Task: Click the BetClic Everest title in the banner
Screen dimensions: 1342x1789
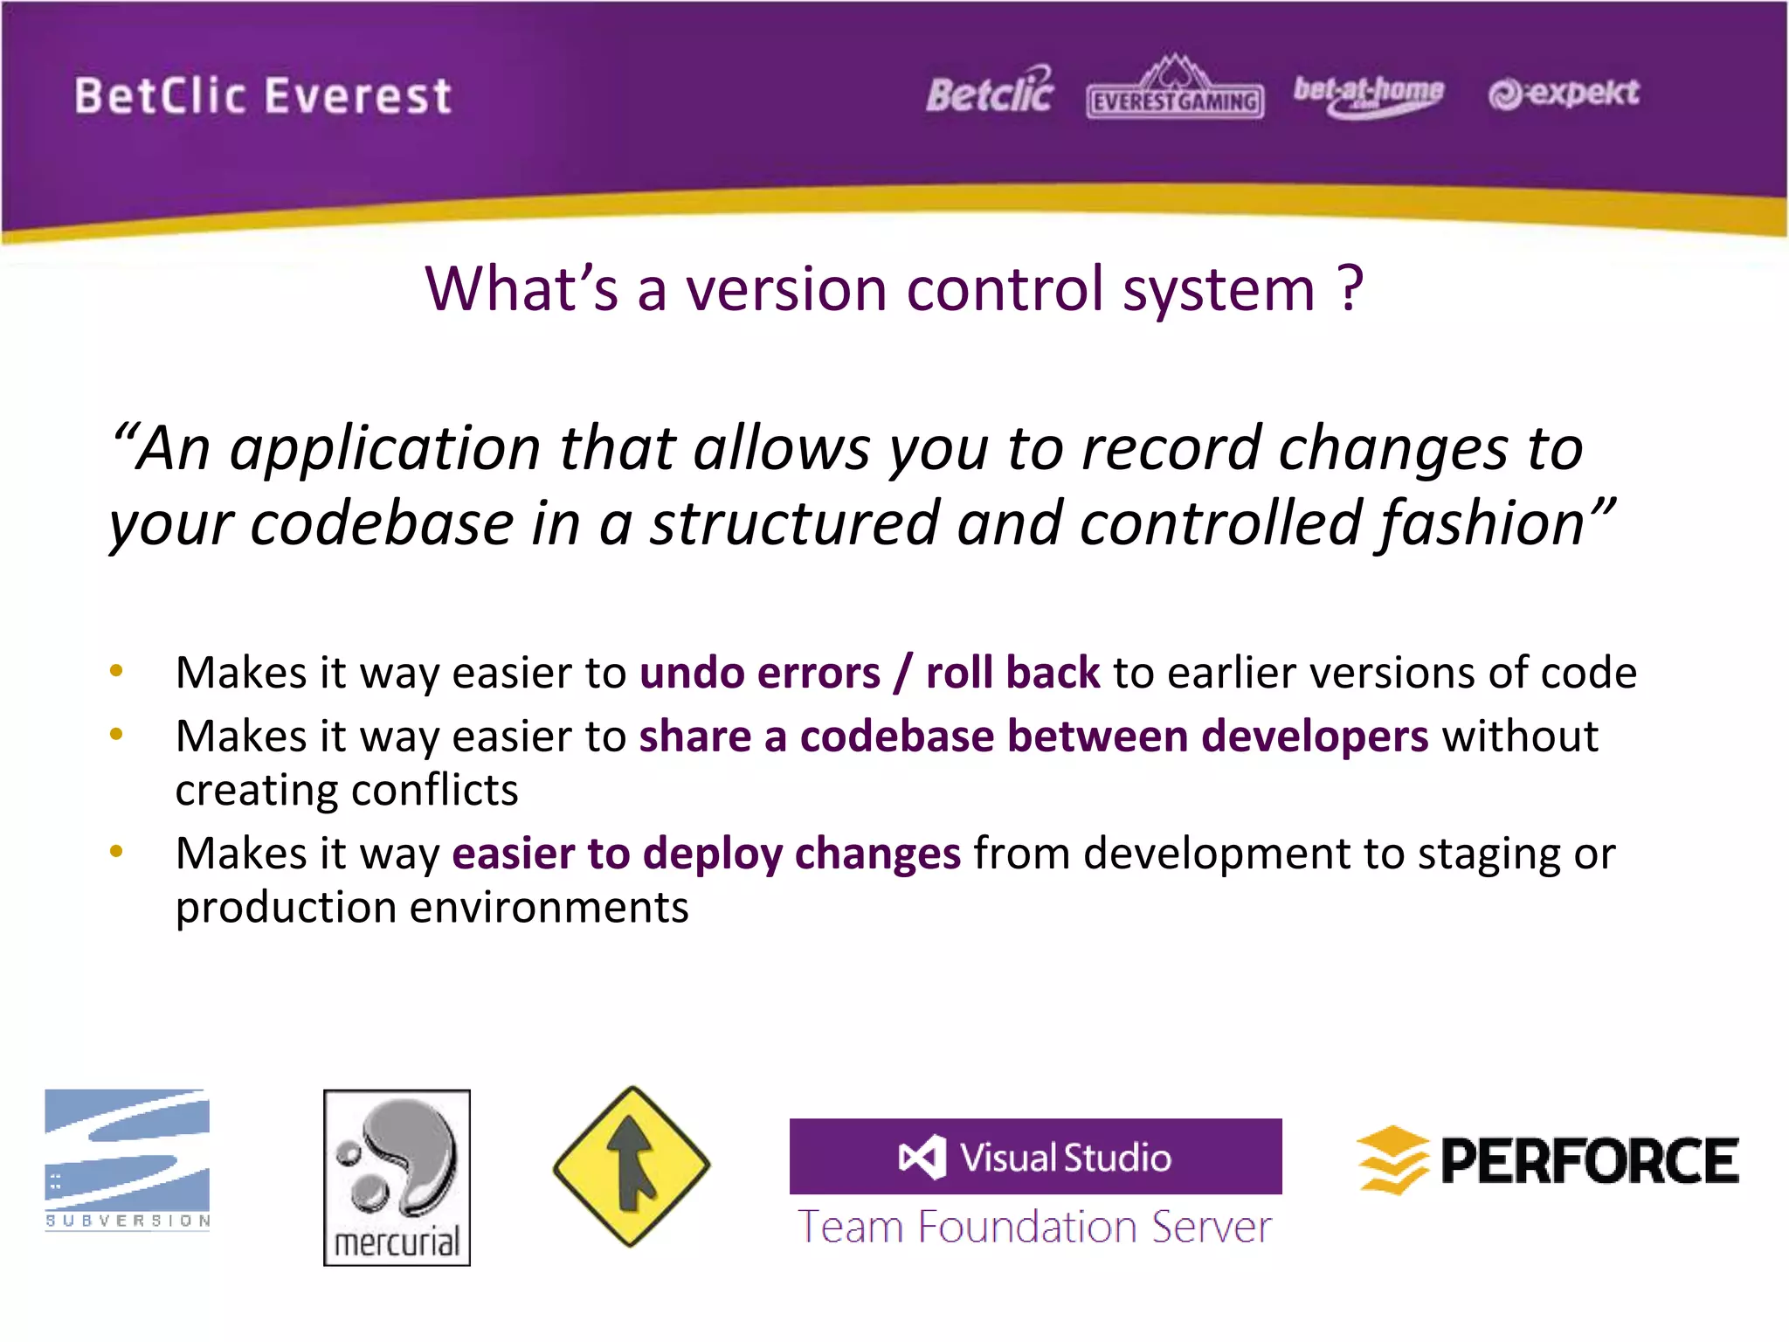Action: [x=262, y=96]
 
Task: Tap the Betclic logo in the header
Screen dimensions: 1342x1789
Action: [x=990, y=93]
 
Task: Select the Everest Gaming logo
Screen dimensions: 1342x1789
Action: [x=1175, y=90]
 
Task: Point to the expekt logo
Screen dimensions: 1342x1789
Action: [x=1564, y=93]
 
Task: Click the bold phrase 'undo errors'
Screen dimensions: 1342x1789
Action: [x=759, y=674]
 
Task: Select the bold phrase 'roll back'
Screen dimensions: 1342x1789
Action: [x=1012, y=674]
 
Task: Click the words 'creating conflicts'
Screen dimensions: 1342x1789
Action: [x=346, y=791]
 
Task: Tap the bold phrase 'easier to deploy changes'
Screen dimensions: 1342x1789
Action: [x=706, y=854]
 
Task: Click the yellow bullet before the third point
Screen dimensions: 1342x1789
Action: [x=116, y=851]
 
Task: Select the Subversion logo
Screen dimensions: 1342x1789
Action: [x=128, y=1159]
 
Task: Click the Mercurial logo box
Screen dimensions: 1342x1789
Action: [x=397, y=1177]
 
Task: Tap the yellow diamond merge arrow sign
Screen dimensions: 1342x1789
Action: [x=632, y=1166]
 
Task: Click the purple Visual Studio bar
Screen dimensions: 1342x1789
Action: [x=1035, y=1157]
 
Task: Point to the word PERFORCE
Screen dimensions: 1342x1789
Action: [x=1589, y=1161]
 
